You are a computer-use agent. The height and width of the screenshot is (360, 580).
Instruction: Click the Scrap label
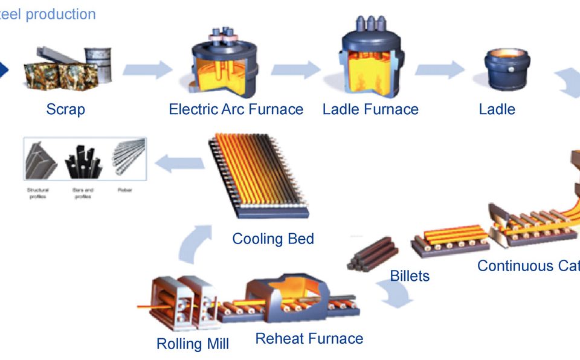(x=65, y=109)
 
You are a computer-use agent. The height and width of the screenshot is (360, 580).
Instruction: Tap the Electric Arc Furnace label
(x=236, y=109)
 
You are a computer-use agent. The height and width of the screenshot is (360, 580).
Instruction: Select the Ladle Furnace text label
(x=370, y=109)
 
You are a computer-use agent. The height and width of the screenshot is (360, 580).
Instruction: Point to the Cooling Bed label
(x=273, y=239)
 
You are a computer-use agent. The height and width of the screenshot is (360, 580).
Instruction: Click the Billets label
(x=410, y=276)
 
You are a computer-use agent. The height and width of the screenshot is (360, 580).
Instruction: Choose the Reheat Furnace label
(x=309, y=338)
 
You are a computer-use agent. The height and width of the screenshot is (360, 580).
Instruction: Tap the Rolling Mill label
(x=193, y=344)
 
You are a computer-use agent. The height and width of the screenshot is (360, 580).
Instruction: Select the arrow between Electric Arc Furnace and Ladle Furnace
(x=295, y=69)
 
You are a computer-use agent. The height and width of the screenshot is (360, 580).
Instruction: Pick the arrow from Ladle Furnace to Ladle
(x=439, y=69)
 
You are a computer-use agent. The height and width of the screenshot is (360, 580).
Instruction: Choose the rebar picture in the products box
(x=129, y=158)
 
